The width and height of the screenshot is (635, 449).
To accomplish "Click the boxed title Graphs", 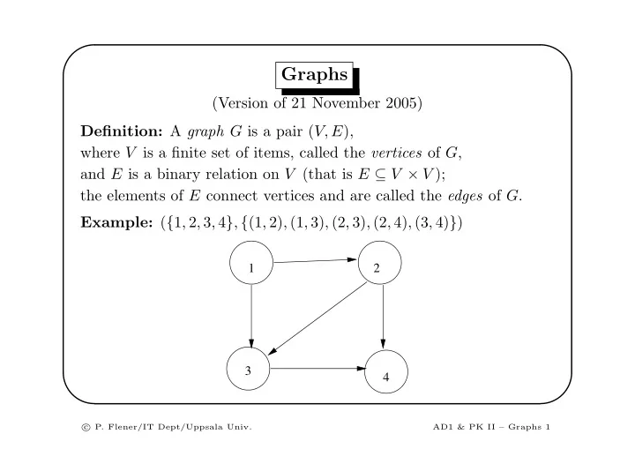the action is [314, 75].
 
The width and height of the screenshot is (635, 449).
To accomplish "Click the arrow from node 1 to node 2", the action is [315, 261].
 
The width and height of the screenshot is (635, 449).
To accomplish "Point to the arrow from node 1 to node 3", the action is [251, 316].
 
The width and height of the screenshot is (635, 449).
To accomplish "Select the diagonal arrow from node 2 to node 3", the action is [317, 318].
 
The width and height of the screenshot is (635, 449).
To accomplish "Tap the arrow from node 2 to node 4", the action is [383, 317].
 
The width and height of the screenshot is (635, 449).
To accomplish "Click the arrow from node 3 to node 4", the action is [317, 369].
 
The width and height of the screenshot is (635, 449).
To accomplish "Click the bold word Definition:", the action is [122, 131].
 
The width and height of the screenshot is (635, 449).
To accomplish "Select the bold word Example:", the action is [116, 222].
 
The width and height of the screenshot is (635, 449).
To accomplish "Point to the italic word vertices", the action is [397, 153].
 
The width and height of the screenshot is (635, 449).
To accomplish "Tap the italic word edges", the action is [465, 196].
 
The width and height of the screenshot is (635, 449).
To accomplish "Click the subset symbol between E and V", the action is [380, 175].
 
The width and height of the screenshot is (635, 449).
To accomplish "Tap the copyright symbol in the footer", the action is [86, 427].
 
